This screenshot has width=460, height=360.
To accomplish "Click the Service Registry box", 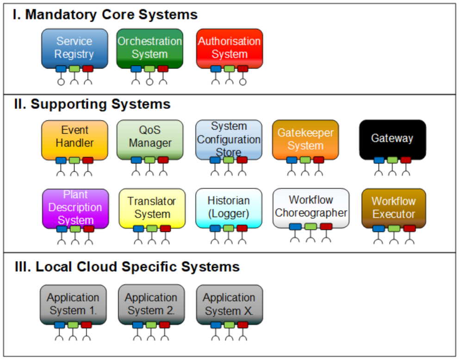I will [74, 48].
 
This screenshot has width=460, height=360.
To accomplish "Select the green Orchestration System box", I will [149, 48].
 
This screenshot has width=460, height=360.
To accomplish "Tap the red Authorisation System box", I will [229, 48].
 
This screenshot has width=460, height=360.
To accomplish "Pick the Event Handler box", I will [74, 137].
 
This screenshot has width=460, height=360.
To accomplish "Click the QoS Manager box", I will [149, 137].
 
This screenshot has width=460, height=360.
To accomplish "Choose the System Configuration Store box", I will [229, 138].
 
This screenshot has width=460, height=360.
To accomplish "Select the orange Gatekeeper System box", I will [305, 138].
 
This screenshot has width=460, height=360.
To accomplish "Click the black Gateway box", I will [392, 138].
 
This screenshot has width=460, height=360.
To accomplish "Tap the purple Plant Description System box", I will [75, 207].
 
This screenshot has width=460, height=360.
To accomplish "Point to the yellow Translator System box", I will [152, 207].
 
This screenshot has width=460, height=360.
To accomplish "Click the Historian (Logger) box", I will [229, 207].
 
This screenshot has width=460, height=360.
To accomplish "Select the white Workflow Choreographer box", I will [311, 206].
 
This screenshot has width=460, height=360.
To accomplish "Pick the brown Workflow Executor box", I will [393, 207].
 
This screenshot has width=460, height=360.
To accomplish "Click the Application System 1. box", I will [73, 304].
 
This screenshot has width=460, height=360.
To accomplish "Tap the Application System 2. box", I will [151, 304].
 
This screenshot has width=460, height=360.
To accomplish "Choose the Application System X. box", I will [229, 304].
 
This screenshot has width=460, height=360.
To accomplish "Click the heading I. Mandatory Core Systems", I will [105, 14].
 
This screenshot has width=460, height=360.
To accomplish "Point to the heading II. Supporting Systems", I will [92, 104].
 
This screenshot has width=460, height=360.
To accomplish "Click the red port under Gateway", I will [406, 160].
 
